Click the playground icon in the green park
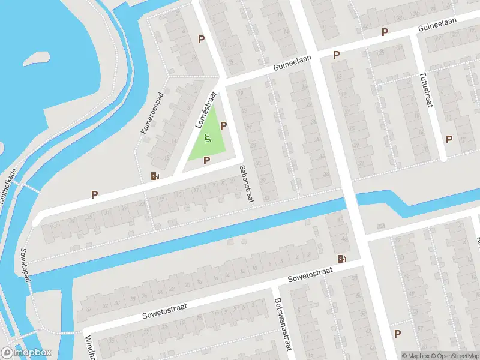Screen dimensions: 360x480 tap(208, 137)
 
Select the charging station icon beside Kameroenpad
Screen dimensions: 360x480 tap(155, 176)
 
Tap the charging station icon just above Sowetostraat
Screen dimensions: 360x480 tap(341, 259)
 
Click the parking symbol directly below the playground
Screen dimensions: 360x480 tap(206, 160)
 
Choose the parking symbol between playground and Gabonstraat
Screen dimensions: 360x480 tap(224, 126)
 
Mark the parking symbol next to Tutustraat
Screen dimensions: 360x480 tap(449, 140)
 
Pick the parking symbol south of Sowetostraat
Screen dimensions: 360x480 tap(397, 334)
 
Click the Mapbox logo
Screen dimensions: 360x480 tap(26, 353)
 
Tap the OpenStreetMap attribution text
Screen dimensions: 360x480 tap(453, 355)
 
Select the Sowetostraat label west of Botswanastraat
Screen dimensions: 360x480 tap(165, 311)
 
